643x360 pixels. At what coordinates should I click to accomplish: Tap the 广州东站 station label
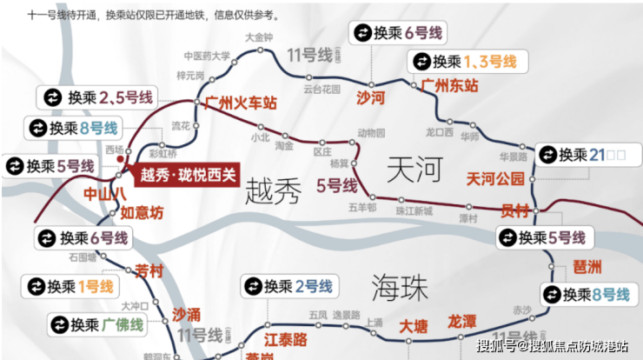(449, 86)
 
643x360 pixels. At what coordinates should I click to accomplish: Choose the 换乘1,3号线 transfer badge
(464, 62)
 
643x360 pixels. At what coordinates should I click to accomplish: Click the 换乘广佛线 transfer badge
(84, 325)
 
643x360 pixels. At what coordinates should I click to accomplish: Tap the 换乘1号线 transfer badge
(72, 285)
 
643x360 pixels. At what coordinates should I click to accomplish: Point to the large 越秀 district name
(274, 190)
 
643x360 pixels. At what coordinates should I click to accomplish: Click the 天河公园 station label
(496, 179)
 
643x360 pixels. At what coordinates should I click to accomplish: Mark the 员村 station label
(515, 210)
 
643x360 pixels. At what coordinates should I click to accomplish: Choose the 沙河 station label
(371, 98)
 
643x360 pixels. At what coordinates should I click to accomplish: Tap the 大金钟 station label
(259, 37)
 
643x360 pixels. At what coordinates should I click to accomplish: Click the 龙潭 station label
(462, 322)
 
